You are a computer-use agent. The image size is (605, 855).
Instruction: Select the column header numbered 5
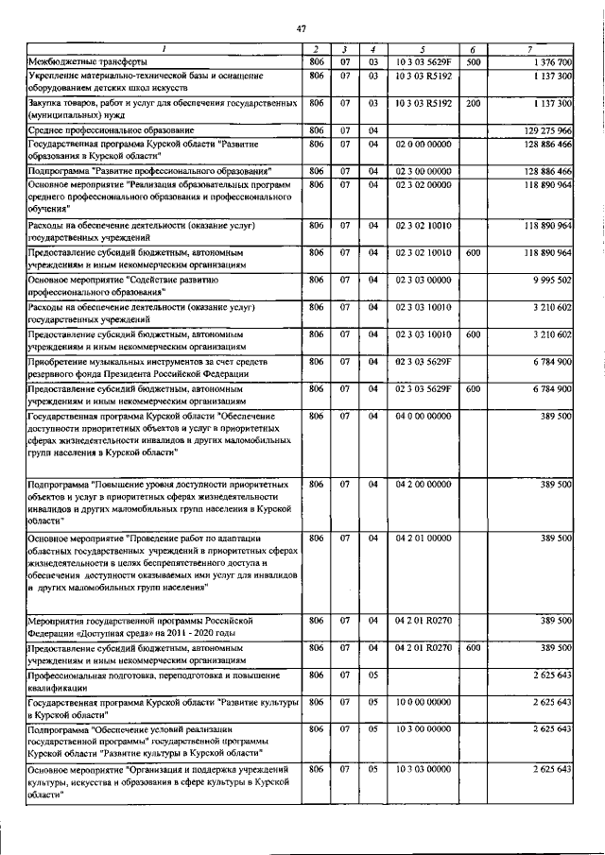pyautogui.click(x=423, y=49)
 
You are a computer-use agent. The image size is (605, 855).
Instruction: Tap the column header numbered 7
pyautogui.click(x=535, y=49)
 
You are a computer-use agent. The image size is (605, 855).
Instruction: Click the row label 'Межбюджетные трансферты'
pyautogui.click(x=81, y=61)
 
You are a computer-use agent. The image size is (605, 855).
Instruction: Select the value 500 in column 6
pyautogui.click(x=473, y=61)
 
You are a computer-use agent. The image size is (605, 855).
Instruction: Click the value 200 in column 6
pyautogui.click(x=473, y=102)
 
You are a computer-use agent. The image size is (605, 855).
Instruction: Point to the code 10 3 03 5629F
pyautogui.click(x=423, y=61)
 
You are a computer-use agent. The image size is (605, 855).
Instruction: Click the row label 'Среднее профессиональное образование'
pyautogui.click(x=111, y=129)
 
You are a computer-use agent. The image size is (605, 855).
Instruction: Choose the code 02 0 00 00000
pyautogui.click(x=423, y=145)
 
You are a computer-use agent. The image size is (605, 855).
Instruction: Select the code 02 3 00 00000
pyautogui.click(x=423, y=171)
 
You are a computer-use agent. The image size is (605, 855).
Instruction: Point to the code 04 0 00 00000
pyautogui.click(x=423, y=416)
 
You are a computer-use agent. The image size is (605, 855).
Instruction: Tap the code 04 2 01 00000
pyautogui.click(x=423, y=538)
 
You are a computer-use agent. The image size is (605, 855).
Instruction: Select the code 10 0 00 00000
pyautogui.click(x=423, y=703)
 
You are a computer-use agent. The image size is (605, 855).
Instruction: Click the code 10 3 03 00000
pyautogui.click(x=423, y=770)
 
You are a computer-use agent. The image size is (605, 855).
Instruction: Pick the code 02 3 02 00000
pyautogui.click(x=423, y=185)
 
